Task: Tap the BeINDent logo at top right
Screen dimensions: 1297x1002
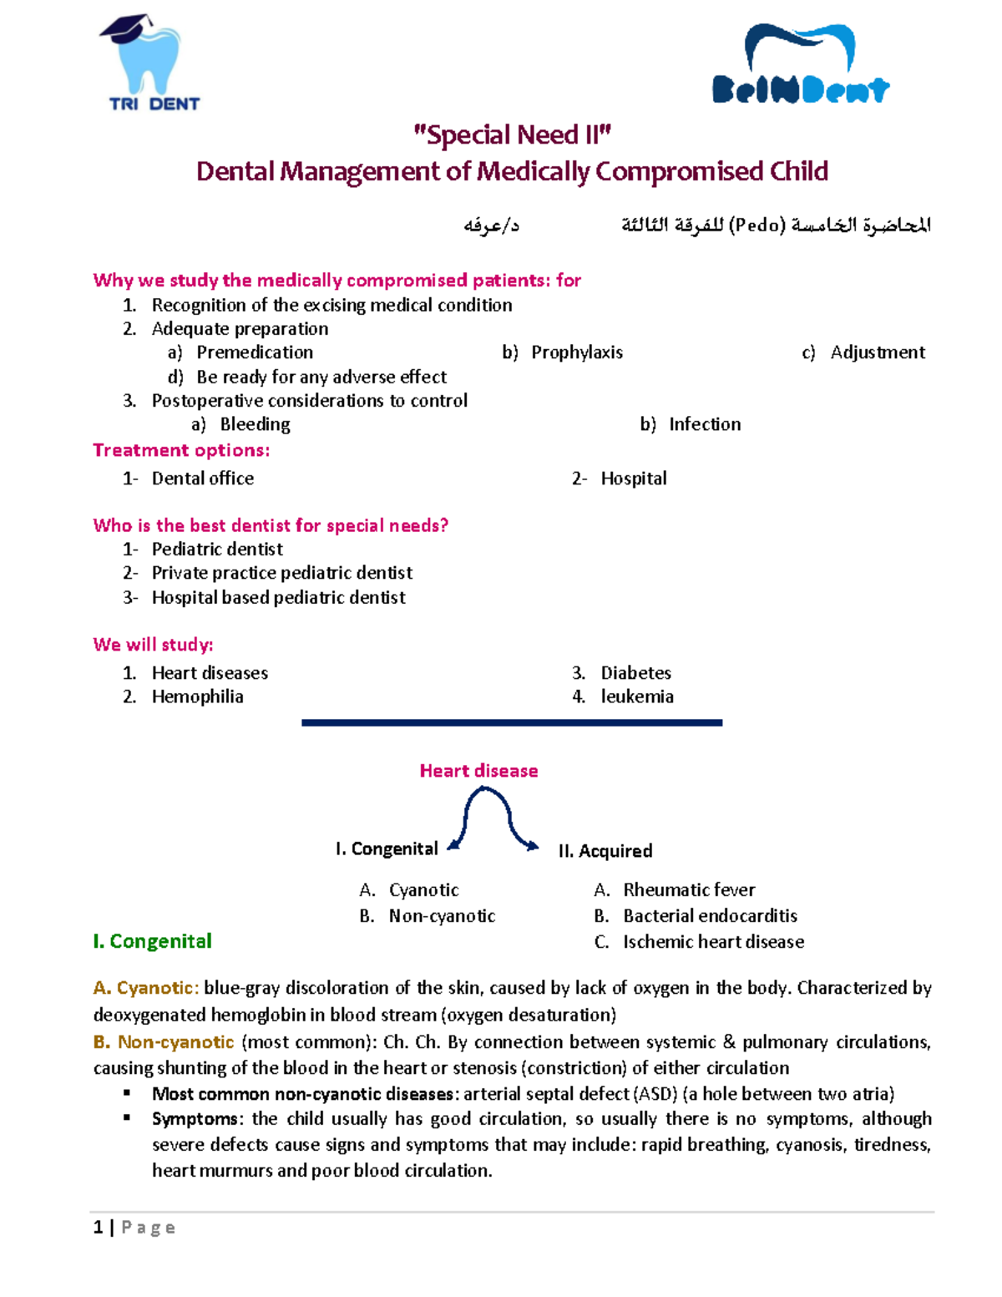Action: (801, 64)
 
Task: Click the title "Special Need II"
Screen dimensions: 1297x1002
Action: (512, 135)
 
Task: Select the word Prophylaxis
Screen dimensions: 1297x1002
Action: (577, 352)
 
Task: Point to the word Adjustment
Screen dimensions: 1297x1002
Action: (878, 352)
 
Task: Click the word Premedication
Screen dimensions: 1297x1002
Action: (255, 352)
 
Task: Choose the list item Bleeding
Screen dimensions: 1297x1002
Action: (255, 424)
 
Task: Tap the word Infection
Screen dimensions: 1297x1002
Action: (705, 424)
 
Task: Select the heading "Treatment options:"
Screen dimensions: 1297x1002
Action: (181, 450)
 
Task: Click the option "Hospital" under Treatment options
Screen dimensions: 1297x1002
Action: (634, 479)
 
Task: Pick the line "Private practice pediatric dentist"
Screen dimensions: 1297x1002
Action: (281, 573)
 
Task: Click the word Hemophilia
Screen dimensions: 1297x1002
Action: (197, 697)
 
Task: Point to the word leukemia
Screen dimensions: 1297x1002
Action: (637, 697)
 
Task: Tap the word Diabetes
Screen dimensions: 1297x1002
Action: (635, 673)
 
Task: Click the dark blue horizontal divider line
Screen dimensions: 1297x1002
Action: (512, 722)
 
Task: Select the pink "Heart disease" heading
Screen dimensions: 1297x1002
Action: (478, 771)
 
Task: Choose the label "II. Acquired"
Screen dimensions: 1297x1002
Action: (605, 851)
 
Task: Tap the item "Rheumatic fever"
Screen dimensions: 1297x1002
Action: (689, 890)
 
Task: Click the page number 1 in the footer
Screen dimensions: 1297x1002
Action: (99, 1227)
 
